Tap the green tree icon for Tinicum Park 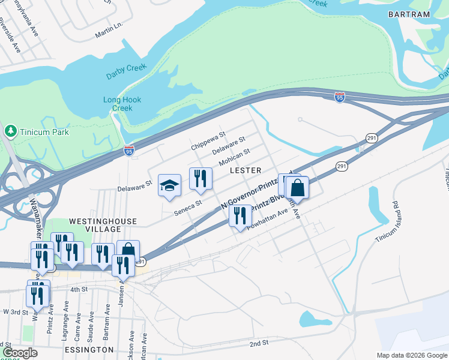(x=10, y=131)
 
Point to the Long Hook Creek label (x=122, y=104)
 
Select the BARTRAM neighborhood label (x=409, y=14)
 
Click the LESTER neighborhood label (x=246, y=171)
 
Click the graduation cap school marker (x=169, y=185)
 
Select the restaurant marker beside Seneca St (x=200, y=178)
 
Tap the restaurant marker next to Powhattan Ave (x=240, y=215)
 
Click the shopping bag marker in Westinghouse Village (x=128, y=251)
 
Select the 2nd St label (x=259, y=343)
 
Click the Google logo (x=20, y=353)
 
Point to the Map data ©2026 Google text (x=411, y=355)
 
